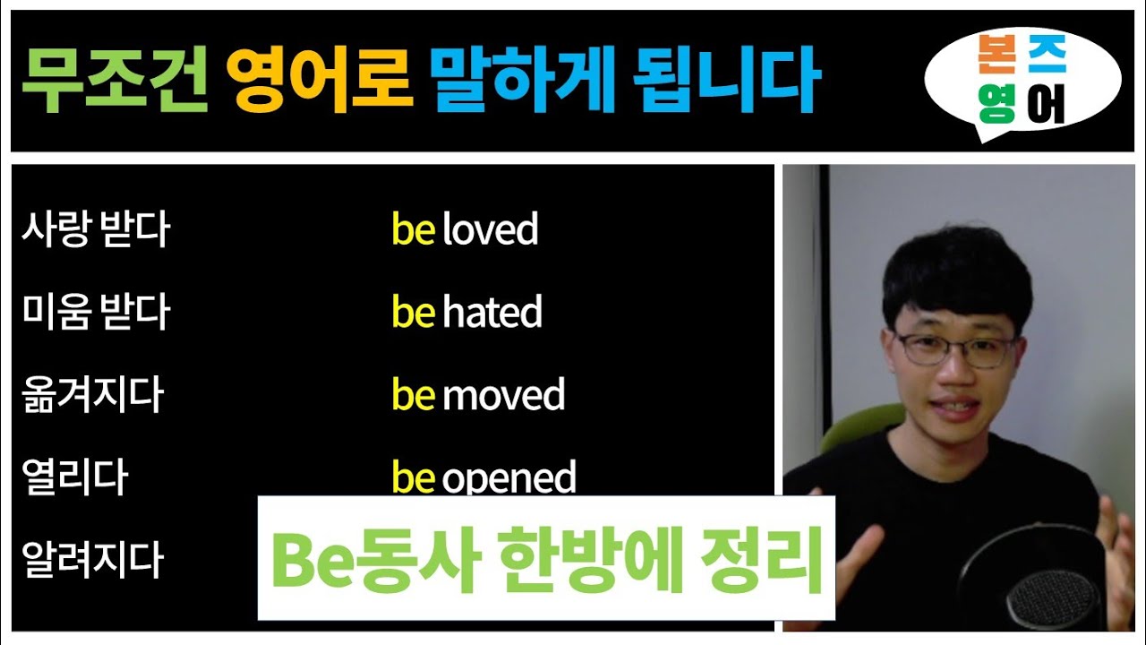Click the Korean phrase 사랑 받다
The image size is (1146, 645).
click(x=95, y=230)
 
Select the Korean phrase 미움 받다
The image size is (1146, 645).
click(x=95, y=313)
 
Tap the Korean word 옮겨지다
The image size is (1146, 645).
click(x=92, y=395)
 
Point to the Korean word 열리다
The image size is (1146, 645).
click(x=74, y=477)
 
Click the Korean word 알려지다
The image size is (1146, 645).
click(x=92, y=560)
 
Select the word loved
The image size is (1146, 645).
click(x=491, y=230)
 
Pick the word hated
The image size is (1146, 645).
click(x=492, y=313)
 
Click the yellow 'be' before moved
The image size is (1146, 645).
click(x=414, y=395)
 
